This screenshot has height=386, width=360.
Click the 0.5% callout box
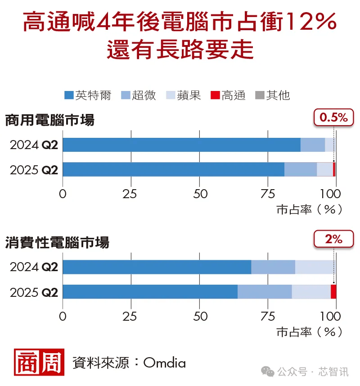click(x=333, y=118)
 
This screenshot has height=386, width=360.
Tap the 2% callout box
click(x=333, y=240)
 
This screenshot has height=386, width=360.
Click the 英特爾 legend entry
click(x=88, y=95)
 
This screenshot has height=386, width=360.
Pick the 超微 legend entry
click(x=139, y=95)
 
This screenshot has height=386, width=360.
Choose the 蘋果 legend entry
click(x=184, y=95)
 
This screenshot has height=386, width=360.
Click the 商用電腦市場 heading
click(x=49, y=121)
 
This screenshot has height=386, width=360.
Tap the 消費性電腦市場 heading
click(x=57, y=243)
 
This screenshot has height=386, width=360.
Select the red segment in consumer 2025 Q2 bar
click(x=333, y=291)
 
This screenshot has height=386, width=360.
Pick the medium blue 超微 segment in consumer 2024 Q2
click(x=273, y=267)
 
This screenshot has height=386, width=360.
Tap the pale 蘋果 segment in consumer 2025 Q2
click(x=311, y=291)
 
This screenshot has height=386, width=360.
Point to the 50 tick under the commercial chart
click(x=200, y=194)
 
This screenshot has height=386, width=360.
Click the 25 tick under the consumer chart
click(x=131, y=316)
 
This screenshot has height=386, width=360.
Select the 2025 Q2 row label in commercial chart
click(x=34, y=170)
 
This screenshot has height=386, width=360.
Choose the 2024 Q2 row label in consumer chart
click(x=34, y=267)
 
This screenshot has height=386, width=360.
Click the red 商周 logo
click(x=38, y=362)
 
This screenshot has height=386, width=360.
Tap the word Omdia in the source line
click(x=164, y=363)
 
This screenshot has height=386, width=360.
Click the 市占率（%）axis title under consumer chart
click(x=309, y=332)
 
